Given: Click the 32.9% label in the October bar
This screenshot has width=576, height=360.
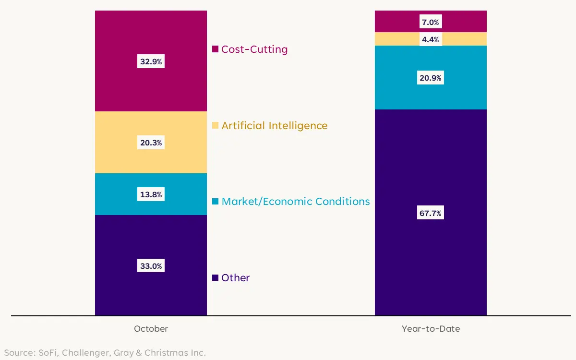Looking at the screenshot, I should [151, 61].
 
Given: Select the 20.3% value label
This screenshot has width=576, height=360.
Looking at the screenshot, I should [151, 143].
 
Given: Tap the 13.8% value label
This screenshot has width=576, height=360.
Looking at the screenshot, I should [151, 194].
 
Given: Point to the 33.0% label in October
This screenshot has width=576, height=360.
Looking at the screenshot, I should [151, 265].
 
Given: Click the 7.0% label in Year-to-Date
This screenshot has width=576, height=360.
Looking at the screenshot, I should [430, 22].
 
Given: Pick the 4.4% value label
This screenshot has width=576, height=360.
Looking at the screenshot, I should [430, 40].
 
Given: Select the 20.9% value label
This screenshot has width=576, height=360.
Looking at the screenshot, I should [430, 78].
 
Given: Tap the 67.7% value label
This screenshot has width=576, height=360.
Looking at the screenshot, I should [430, 213].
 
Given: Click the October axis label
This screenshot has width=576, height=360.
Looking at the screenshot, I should [151, 329].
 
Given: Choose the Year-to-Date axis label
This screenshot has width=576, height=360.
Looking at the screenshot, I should [431, 329].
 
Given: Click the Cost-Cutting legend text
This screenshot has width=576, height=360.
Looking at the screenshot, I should [254, 49].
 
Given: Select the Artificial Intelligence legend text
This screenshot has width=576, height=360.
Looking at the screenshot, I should [274, 126].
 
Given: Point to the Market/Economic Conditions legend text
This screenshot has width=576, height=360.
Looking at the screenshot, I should [296, 202].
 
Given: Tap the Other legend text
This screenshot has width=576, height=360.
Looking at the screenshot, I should [235, 278].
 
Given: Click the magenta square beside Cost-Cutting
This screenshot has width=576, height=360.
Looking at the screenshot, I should [216, 49].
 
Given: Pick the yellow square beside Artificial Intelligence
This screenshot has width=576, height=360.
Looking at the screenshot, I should [216, 125].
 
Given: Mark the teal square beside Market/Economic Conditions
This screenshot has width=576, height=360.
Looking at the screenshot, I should [216, 202].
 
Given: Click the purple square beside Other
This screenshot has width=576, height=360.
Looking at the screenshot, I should [216, 277].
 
